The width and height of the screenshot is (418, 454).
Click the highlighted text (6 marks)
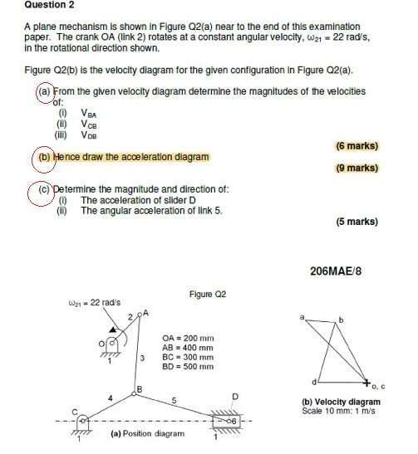click(357, 146)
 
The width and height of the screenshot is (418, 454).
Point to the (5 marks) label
click(357, 222)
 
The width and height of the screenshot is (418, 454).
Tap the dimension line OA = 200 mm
click(188, 339)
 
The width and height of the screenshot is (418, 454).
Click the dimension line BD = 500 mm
click(188, 367)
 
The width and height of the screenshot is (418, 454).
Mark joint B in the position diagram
click(136, 388)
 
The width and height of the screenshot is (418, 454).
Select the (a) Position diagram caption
click(148, 433)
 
